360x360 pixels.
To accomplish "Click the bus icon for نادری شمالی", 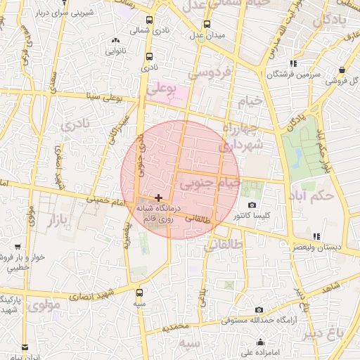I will [149, 20].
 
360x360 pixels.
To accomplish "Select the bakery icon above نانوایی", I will [116, 41].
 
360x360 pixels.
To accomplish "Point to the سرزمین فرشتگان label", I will [294, 74].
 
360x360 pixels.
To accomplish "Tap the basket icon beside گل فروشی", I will [342, 70].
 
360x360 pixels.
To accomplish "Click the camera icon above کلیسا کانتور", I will [252, 205].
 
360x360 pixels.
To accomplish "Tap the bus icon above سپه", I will [139, 292].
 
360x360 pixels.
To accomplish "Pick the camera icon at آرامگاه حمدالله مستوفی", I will [259, 310].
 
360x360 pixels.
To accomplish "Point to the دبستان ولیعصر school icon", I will [316, 236].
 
